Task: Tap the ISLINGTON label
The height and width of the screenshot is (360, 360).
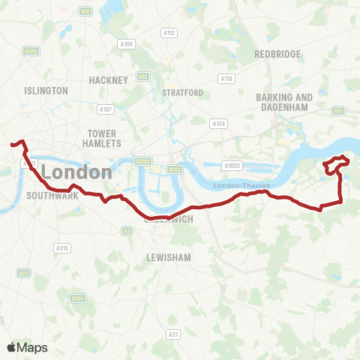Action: click(46, 90)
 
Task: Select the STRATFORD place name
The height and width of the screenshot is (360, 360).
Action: click(182, 92)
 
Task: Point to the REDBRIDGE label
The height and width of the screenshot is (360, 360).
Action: click(277, 54)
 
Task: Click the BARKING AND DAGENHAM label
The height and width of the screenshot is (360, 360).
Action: click(284, 102)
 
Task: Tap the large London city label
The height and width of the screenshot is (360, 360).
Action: click(76, 172)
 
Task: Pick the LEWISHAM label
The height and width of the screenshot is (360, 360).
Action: click(169, 256)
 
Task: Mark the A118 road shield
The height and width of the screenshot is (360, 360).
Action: click(226, 79)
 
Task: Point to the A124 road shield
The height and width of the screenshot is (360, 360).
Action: click(218, 123)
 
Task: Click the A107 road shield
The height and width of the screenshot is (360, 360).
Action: click(106, 109)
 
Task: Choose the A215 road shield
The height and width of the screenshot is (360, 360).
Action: click(62, 247)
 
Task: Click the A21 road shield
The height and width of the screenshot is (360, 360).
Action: click(174, 334)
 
